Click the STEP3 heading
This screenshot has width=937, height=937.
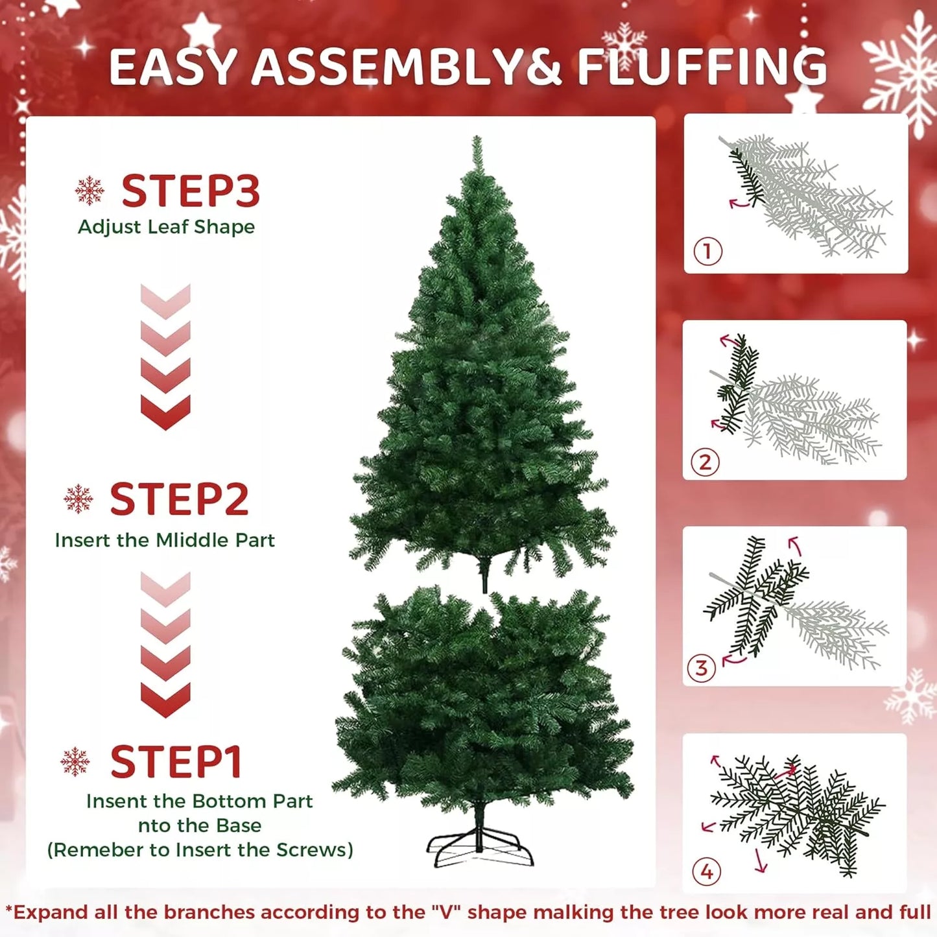point(190,191)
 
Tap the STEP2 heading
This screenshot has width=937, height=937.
point(179,499)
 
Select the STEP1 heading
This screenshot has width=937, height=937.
point(176,762)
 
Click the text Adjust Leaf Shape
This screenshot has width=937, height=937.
point(166,227)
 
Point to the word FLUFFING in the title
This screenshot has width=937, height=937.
point(702,67)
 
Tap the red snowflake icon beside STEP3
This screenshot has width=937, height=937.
point(89,191)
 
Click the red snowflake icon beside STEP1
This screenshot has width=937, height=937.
point(75,761)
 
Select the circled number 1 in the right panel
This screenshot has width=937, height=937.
point(707,251)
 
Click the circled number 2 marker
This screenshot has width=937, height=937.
point(706,462)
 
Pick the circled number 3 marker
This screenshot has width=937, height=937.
point(701,668)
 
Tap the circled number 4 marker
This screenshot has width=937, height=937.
point(707,872)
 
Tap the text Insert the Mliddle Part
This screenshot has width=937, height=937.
point(165,540)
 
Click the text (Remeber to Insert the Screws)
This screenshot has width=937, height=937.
point(200,850)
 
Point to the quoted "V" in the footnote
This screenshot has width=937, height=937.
point(446,912)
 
